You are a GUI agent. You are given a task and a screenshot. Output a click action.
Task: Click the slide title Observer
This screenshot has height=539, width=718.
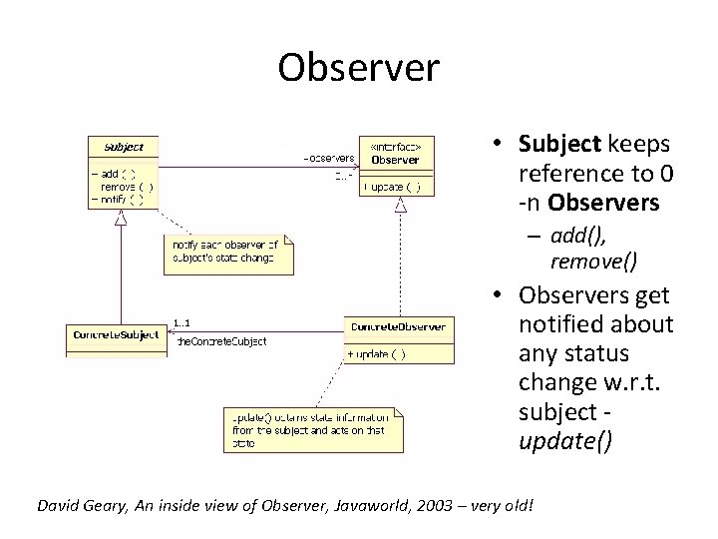pyautogui.click(x=358, y=68)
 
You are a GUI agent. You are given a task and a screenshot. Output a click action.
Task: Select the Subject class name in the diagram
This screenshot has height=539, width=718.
pyautogui.click(x=124, y=147)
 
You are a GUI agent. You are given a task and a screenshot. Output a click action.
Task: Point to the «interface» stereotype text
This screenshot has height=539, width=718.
pyautogui.click(x=396, y=146)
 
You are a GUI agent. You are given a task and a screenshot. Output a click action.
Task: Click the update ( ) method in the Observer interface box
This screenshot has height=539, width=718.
pyautogui.click(x=397, y=186)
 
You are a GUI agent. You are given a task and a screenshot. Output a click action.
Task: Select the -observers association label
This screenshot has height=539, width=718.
pyautogui.click(x=328, y=158)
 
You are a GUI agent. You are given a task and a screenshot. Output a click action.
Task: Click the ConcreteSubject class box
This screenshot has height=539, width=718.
pyautogui.click(x=116, y=335)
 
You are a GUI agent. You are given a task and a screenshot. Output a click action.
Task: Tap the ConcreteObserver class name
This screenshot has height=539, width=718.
pyautogui.click(x=399, y=327)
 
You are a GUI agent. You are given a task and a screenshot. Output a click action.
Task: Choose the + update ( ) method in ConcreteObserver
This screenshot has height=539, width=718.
pyautogui.click(x=377, y=354)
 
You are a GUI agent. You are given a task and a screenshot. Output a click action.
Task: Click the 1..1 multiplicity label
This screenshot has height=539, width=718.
pyautogui.click(x=182, y=321)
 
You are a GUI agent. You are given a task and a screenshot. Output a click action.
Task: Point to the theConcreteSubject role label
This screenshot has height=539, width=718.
pyautogui.click(x=220, y=341)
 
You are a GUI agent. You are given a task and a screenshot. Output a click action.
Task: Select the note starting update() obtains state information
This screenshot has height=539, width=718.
pyautogui.click(x=311, y=429)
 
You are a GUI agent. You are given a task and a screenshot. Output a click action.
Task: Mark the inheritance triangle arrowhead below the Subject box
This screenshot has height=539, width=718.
pyautogui.click(x=121, y=219)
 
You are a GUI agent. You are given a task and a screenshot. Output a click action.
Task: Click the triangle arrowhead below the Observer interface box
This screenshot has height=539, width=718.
pyautogui.click(x=401, y=206)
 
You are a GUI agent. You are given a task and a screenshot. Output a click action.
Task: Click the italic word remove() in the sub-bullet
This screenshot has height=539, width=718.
pyautogui.click(x=594, y=262)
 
